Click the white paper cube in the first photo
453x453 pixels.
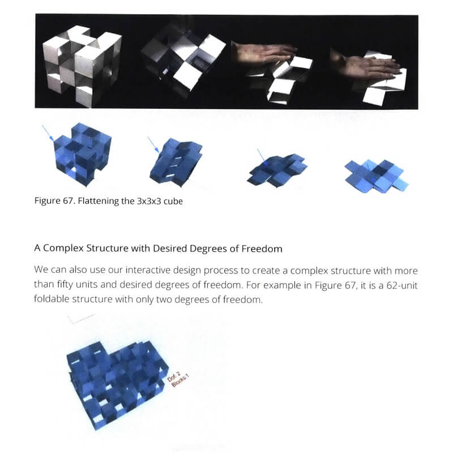point(82,65)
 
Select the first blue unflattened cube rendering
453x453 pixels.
point(82,155)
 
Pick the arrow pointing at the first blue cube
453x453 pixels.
point(48,133)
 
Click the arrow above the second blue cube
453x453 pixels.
point(153,144)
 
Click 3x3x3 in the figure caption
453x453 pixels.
point(149,201)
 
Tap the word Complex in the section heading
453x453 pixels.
point(63,249)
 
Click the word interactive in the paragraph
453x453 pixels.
point(148,270)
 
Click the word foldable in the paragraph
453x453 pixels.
point(52,299)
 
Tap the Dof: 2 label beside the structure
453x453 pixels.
point(174,377)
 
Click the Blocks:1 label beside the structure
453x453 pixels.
point(180,380)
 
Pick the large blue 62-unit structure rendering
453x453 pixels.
point(117,386)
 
